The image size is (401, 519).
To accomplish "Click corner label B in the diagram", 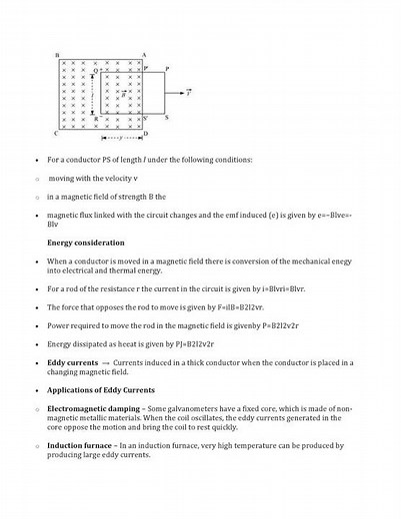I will (56, 55).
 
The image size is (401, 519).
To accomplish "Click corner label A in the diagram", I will (145, 55).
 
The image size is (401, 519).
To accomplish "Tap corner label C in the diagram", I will (56, 133).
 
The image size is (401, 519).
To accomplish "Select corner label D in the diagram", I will (146, 133).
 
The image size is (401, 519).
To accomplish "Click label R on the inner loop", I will (95, 117).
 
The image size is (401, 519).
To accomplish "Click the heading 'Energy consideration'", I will (86, 243).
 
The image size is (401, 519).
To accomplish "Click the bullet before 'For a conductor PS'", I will (36, 160).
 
